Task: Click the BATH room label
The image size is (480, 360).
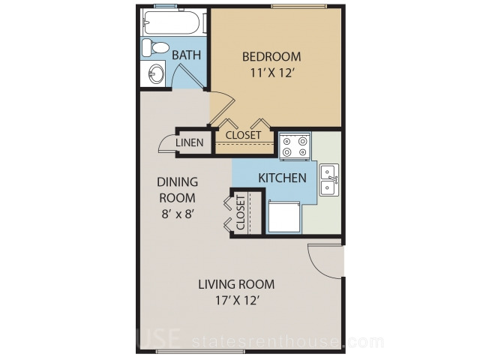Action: (x=187, y=55)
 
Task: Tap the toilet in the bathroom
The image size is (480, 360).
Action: (x=155, y=48)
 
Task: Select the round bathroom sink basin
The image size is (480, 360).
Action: (x=156, y=73)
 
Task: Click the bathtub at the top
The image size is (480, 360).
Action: (x=172, y=22)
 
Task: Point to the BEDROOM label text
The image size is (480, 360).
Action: (x=271, y=57)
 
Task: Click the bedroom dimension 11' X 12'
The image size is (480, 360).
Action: (x=272, y=73)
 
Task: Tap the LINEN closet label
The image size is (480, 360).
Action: (x=190, y=142)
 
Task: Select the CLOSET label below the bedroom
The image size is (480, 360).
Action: (x=243, y=135)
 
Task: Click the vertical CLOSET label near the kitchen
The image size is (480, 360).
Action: (x=241, y=213)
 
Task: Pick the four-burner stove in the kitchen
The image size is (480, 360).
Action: (x=295, y=146)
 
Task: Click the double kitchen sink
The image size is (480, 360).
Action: (x=329, y=180)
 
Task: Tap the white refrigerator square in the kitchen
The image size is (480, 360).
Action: (x=283, y=216)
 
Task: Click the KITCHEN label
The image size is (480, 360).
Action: (x=282, y=178)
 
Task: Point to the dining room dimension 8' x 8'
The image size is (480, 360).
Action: (x=177, y=214)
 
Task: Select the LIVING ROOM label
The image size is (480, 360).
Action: (x=236, y=284)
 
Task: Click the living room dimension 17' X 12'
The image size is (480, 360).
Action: (x=238, y=301)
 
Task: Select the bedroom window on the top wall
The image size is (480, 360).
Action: (x=298, y=6)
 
